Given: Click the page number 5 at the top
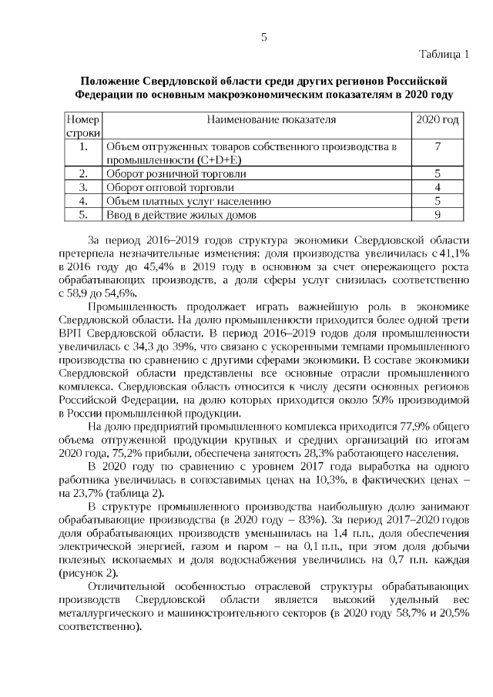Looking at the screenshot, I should [263, 36].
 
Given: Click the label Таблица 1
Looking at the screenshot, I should [444, 54].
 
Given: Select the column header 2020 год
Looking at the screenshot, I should [437, 120].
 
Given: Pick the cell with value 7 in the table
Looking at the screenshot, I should [437, 146].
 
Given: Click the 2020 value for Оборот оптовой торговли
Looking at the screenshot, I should [437, 187].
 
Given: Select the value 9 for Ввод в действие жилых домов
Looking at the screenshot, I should [437, 215].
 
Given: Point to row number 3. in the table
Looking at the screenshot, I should [82, 187].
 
